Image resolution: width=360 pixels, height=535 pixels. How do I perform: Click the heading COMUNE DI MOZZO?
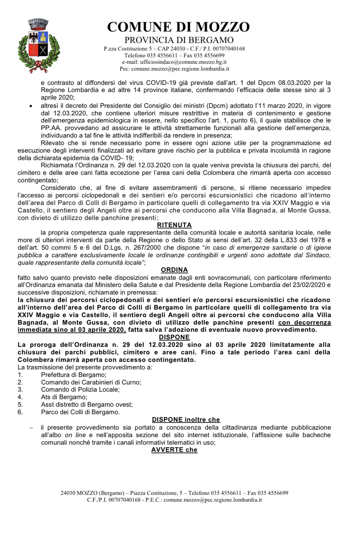[178, 27]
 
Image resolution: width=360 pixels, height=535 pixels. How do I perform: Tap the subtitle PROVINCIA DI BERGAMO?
[179, 40]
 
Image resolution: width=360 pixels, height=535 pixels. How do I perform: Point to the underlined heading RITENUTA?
[174, 225]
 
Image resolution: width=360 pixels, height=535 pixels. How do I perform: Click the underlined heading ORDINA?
[174, 270]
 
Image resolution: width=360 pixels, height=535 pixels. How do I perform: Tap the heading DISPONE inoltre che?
[186, 420]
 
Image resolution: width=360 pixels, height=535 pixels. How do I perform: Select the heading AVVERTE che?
[174, 450]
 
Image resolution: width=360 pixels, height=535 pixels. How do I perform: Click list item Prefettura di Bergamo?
[74, 374]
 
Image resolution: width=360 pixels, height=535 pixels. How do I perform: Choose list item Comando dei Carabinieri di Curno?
[91, 382]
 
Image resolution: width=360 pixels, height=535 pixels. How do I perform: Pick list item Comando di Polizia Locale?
[80, 390]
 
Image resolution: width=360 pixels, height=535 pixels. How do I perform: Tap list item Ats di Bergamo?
[64, 397]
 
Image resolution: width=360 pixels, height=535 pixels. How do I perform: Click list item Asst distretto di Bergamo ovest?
[87, 405]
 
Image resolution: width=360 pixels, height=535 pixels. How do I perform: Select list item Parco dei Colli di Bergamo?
[80, 412]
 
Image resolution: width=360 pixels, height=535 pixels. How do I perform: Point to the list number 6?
[20, 412]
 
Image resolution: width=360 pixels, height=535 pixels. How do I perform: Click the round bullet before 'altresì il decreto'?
[31, 106]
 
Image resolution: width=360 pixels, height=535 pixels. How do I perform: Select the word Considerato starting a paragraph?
[58, 188]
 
